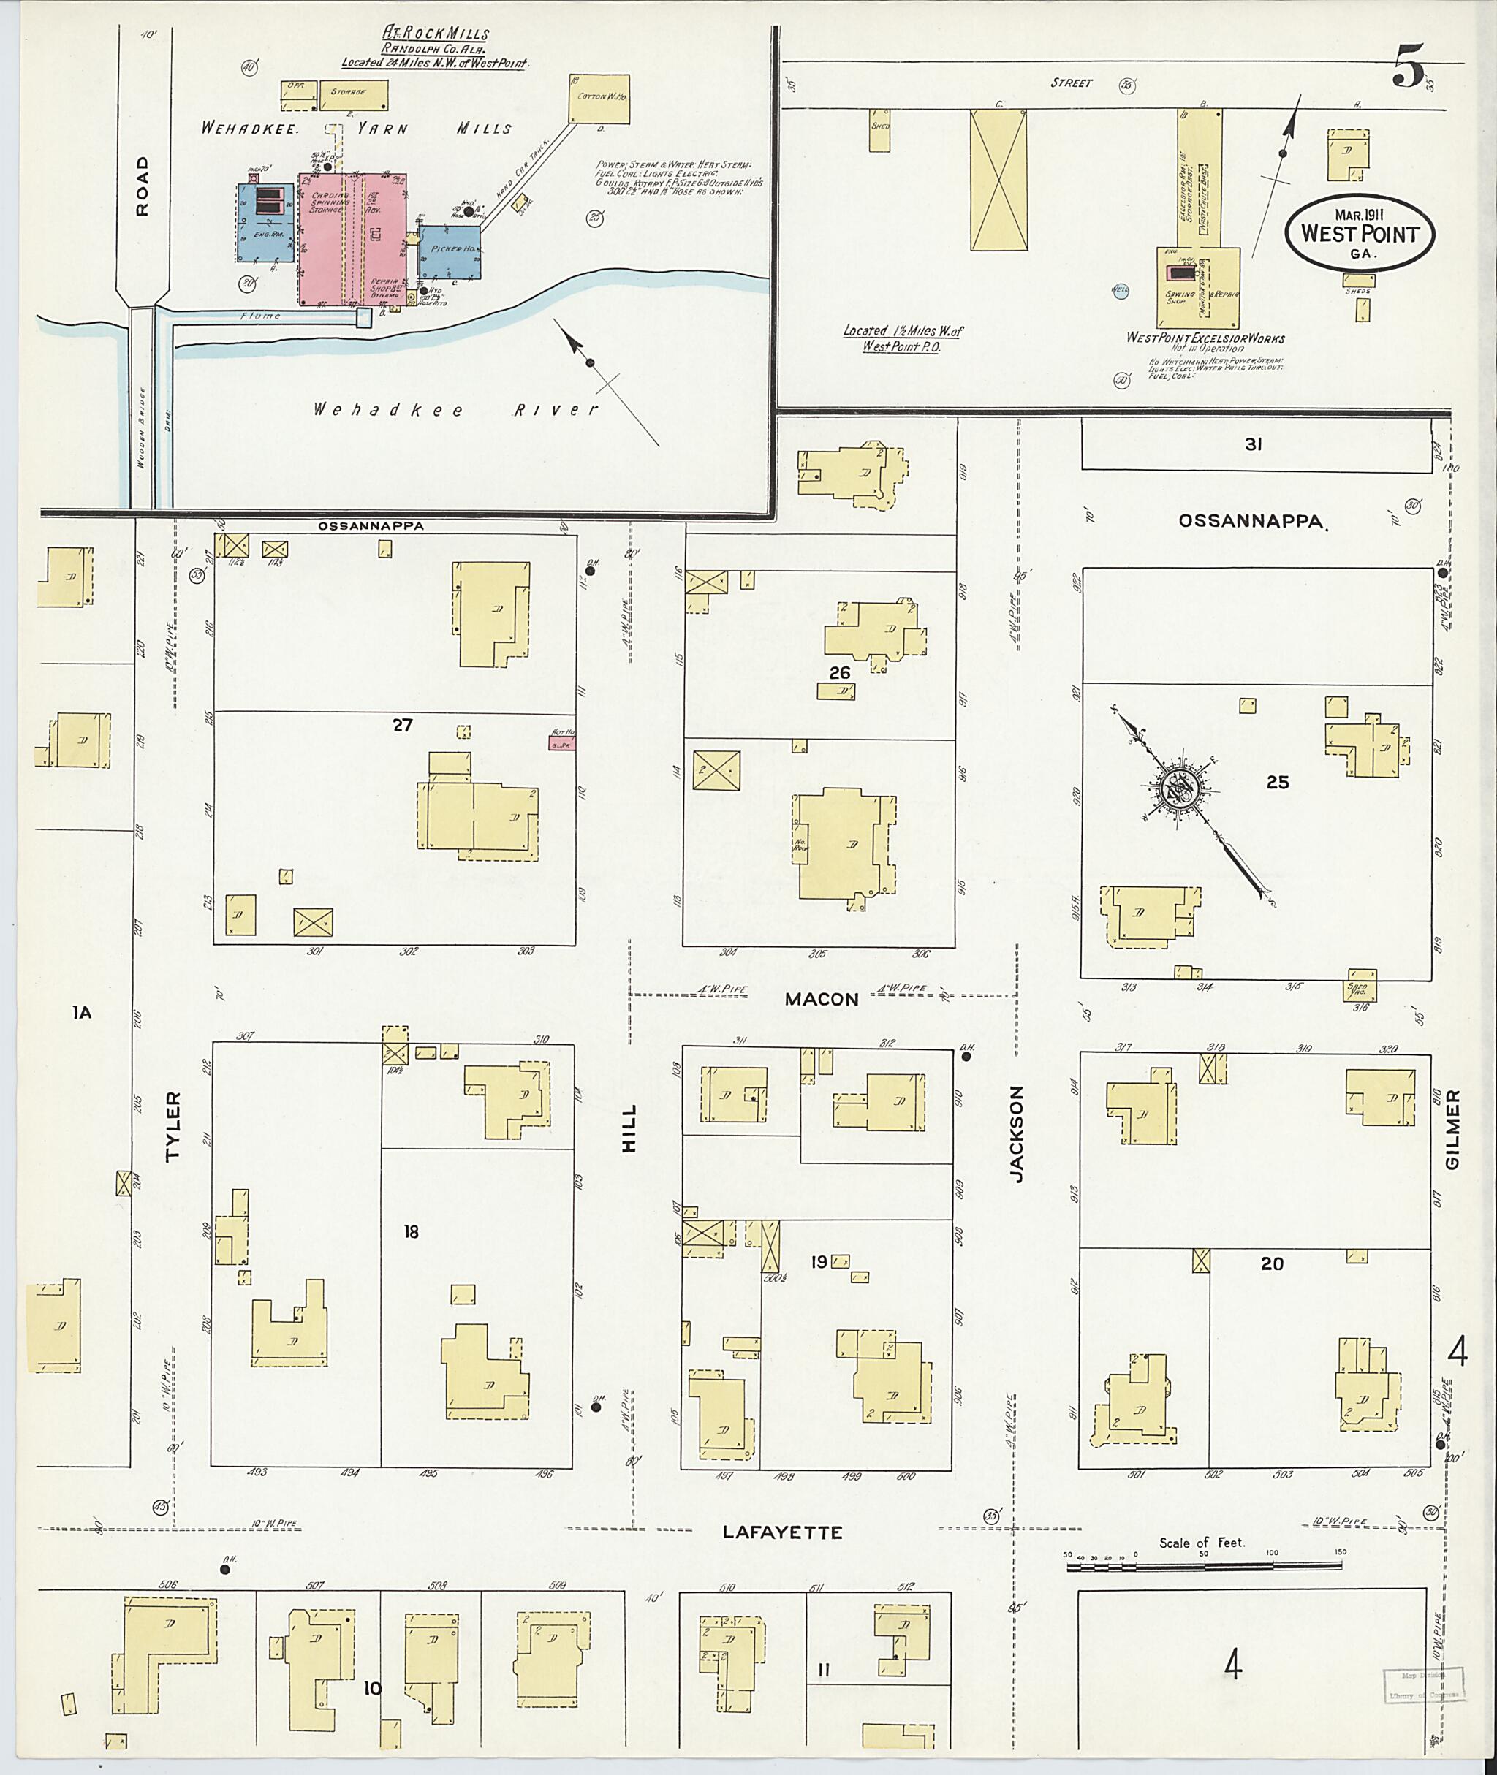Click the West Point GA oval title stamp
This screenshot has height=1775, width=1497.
(1359, 232)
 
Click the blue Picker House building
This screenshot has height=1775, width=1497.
(450, 251)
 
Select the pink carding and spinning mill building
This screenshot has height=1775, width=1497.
(352, 239)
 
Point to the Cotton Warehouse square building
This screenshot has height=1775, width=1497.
(599, 100)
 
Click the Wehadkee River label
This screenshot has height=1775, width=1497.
(455, 410)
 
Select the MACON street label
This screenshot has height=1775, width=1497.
(821, 1000)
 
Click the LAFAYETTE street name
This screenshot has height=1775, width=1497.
(782, 1532)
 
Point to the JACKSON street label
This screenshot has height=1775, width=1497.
(1017, 1133)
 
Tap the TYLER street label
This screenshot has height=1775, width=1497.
(173, 1126)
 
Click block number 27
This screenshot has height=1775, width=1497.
(402, 725)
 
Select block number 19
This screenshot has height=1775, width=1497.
(818, 1263)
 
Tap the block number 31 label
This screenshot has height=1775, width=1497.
(1254, 444)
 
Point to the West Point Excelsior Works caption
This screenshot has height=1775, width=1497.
(1204, 338)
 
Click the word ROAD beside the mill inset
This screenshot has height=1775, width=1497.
(142, 186)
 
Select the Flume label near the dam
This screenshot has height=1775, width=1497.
(260, 316)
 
